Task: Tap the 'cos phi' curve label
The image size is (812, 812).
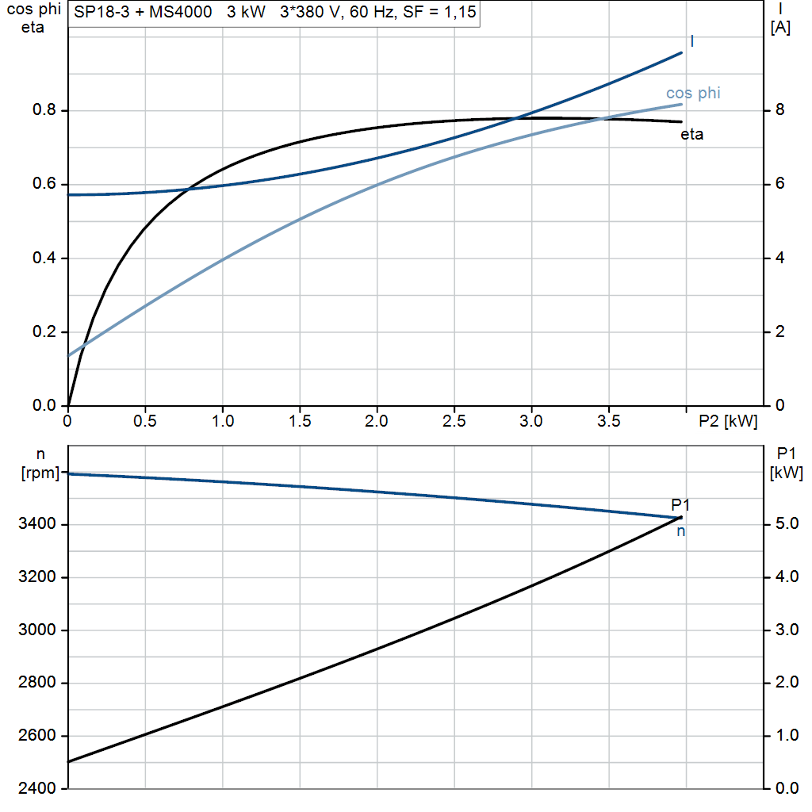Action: (x=693, y=94)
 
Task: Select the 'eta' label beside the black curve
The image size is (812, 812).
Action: (x=691, y=135)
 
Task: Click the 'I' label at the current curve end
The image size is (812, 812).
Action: (x=692, y=41)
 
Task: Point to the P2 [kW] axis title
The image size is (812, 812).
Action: (x=728, y=422)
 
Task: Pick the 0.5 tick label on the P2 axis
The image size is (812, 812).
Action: (x=145, y=422)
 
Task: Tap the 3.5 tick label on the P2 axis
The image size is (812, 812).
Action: (x=608, y=422)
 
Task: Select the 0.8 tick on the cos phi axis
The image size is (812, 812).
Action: (x=44, y=110)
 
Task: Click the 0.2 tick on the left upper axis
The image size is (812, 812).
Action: (x=44, y=332)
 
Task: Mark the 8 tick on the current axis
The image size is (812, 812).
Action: (x=779, y=110)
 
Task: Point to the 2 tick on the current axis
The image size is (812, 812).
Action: (x=779, y=332)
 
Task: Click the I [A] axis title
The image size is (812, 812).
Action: (x=780, y=19)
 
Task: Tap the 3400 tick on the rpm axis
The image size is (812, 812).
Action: (x=39, y=524)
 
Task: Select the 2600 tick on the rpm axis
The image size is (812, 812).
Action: (x=39, y=736)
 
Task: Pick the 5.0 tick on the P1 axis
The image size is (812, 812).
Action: (x=785, y=524)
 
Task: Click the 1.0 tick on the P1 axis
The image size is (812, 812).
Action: (x=785, y=736)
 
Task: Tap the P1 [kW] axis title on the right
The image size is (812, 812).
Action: (x=786, y=463)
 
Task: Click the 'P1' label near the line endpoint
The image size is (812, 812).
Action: (x=680, y=504)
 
